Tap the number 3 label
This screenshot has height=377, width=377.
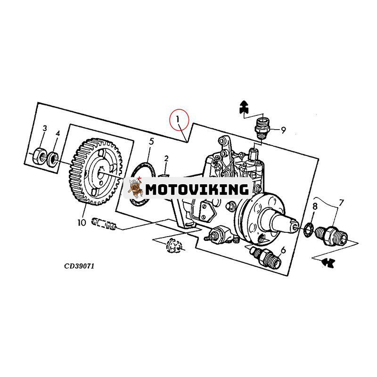tap(45, 129)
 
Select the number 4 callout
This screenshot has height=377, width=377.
tap(57, 133)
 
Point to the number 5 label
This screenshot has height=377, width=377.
tap(151, 141)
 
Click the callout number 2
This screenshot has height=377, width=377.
tap(166, 158)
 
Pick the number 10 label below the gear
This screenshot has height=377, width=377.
tap(82, 222)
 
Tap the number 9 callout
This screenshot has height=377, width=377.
tap(283, 131)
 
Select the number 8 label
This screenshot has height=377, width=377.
tap(315, 206)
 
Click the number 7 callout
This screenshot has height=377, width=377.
tap(341, 203)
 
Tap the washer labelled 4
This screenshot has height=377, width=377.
tap(54, 157)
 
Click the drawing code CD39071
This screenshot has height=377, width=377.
tap(80, 266)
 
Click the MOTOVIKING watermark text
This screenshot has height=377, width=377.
tap(197, 189)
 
